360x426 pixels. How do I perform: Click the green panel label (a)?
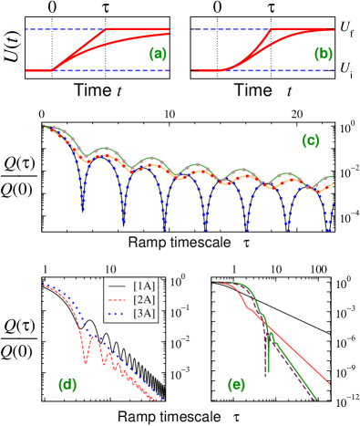[x=158, y=55]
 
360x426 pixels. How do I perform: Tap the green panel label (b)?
[x=324, y=55]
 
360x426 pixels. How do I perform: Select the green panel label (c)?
[x=310, y=141]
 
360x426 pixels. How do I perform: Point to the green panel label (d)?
[x=67, y=385]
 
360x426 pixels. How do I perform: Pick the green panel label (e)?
[x=236, y=385]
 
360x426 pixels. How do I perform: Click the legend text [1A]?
[x=144, y=286]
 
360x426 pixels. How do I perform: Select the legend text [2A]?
[x=144, y=299]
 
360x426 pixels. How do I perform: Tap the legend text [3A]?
[x=144, y=313]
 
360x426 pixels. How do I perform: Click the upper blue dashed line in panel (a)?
[x=64, y=29]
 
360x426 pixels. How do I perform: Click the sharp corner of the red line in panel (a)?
[x=107, y=29]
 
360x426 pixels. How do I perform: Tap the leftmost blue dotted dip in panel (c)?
[x=83, y=209]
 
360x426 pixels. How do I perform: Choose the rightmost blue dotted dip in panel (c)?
[x=328, y=226]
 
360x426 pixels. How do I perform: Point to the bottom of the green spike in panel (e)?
[x=267, y=374]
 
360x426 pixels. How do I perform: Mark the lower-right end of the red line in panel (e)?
[x=329, y=383]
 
